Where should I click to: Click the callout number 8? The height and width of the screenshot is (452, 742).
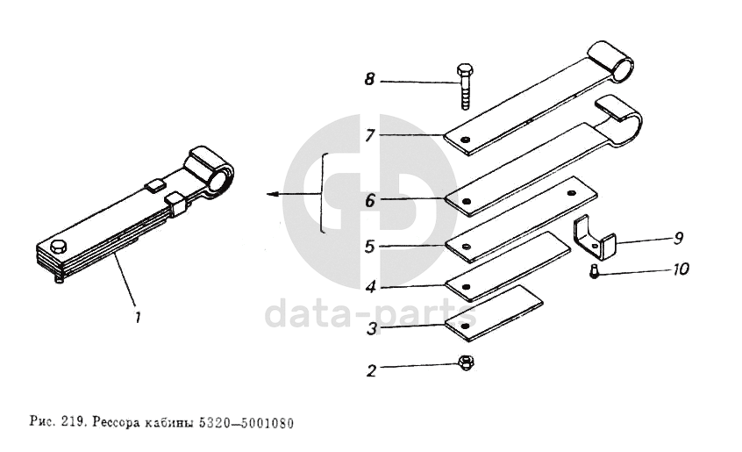point(369,79)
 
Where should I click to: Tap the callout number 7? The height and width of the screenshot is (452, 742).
point(370,136)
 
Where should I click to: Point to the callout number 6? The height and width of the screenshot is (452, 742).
point(370,201)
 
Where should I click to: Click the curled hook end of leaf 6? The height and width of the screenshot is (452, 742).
point(620,121)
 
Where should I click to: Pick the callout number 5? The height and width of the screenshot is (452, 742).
point(370,247)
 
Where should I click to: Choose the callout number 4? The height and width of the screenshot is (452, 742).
point(370,287)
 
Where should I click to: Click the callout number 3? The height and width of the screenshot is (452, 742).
point(373,328)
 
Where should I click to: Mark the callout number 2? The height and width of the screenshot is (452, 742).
point(372,370)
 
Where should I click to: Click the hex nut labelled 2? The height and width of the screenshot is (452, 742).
point(466,363)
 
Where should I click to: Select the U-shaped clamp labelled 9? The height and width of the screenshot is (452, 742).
point(595,239)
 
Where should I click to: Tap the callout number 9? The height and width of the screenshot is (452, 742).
point(679,238)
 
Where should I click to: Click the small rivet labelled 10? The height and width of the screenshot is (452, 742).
point(594,272)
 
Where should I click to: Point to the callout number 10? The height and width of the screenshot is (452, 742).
point(681,269)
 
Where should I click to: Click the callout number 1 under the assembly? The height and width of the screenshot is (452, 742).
point(138,317)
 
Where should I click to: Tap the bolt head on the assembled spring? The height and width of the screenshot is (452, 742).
point(58,246)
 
